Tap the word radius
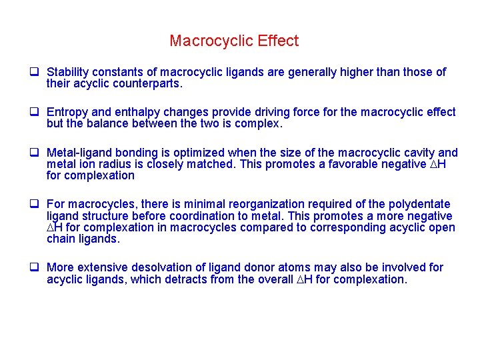click(x=122, y=164)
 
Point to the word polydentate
click(x=415, y=204)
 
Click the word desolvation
click(x=163, y=267)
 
